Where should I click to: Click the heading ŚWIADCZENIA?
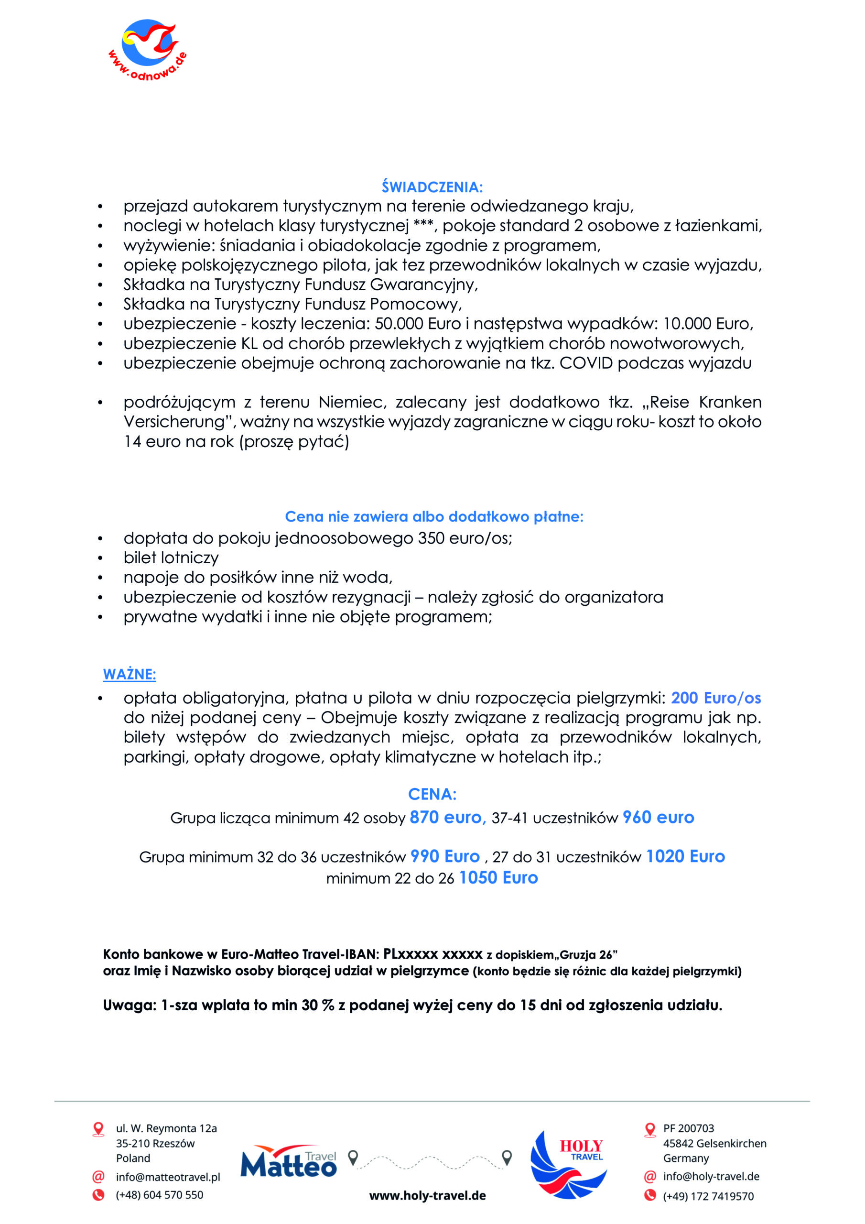click(x=432, y=187)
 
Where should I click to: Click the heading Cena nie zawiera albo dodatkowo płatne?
click(x=434, y=516)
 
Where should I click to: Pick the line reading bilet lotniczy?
click(x=171, y=557)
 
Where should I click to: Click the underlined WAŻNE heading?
click(x=130, y=674)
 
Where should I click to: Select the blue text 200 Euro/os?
click(x=715, y=698)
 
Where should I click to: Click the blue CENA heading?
click(x=432, y=794)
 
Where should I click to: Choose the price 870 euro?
click(x=447, y=818)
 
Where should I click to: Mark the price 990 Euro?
click(x=445, y=857)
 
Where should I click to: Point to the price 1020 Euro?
click(x=685, y=857)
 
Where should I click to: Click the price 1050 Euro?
click(x=498, y=878)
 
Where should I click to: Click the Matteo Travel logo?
click(x=289, y=1162)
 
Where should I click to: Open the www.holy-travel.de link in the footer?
click(x=427, y=1196)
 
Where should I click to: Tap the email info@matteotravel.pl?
click(x=168, y=1177)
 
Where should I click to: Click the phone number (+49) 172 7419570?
click(x=708, y=1196)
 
